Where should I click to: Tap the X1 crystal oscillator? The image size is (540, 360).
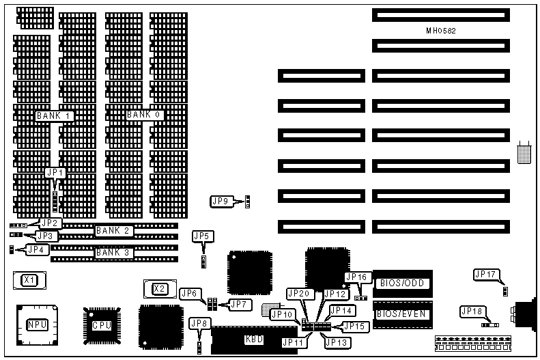coord(29,279)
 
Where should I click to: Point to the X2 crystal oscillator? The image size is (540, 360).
coord(159,288)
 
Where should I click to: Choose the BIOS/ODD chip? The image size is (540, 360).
coord(401,282)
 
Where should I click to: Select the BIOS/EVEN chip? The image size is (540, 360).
coord(401,314)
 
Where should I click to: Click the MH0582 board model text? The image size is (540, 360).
coord(441,31)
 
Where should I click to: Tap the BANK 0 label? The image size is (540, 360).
coord(144,115)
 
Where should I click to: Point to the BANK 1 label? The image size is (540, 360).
coord(55,115)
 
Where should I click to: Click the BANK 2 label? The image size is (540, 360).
coord(113,230)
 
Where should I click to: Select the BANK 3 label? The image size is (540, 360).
coord(113,252)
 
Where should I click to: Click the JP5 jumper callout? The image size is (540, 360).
coord(203,236)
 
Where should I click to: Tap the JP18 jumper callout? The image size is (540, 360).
coord(471,311)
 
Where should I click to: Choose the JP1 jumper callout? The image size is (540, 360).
coord(55,173)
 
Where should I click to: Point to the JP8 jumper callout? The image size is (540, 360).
coord(199,322)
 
